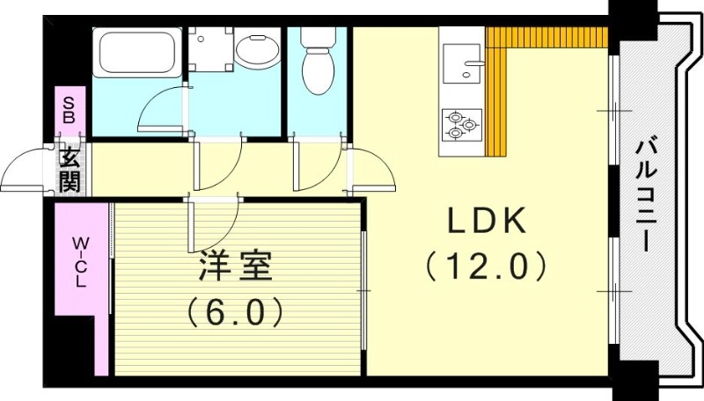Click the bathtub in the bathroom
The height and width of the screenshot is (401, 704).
tap(137, 55)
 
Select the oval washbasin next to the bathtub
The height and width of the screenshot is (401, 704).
tap(255, 52)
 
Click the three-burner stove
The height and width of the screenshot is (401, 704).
tap(461, 124)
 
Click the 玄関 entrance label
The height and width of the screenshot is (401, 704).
tap(70, 170)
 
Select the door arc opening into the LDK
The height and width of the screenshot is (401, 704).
tap(374, 171)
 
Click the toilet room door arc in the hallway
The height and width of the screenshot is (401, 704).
tap(317, 163)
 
